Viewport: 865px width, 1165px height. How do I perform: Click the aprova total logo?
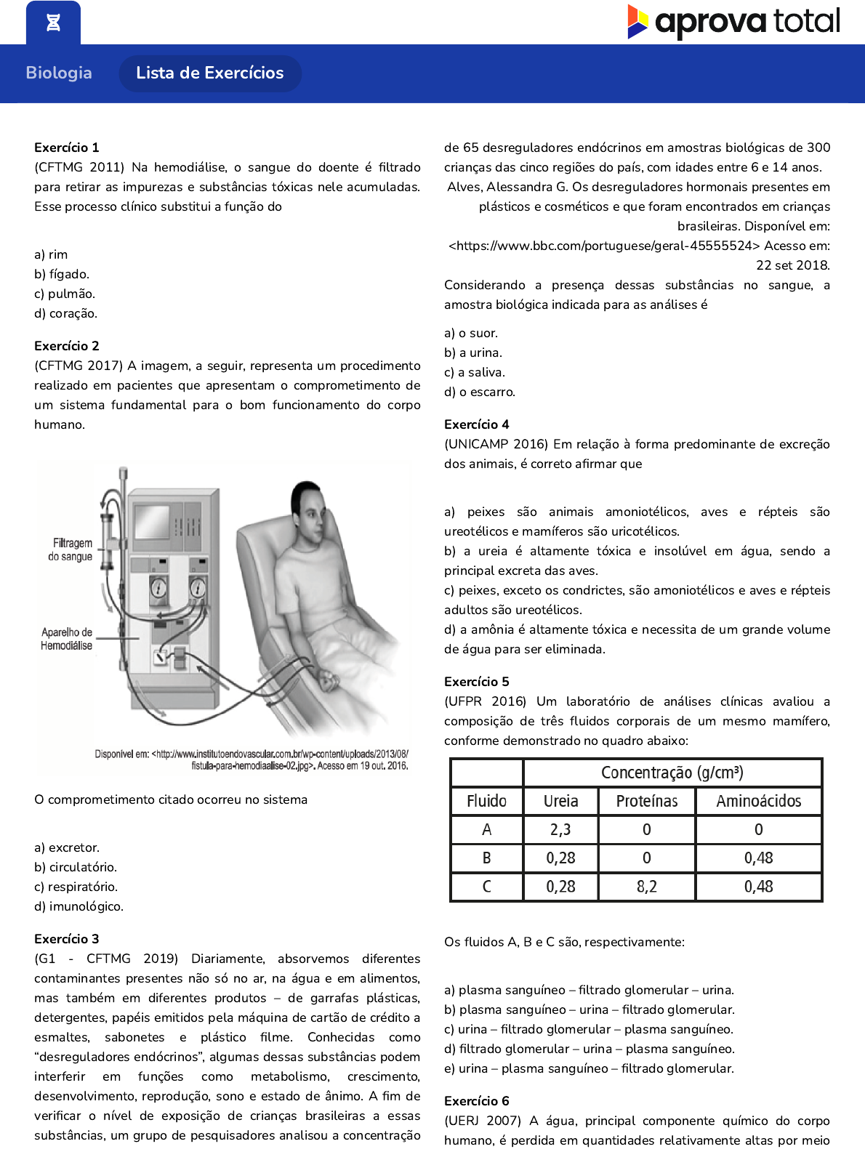click(733, 22)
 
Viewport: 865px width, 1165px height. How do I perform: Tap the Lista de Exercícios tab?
click(209, 73)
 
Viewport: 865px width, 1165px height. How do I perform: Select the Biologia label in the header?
click(59, 73)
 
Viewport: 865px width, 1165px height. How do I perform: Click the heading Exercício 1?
click(67, 148)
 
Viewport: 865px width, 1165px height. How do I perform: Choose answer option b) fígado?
click(62, 274)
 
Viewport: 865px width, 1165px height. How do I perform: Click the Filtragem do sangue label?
click(71, 549)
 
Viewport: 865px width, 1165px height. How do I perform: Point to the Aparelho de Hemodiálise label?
click(67, 639)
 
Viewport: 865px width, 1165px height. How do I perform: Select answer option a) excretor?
click(67, 847)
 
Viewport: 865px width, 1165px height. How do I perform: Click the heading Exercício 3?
click(67, 939)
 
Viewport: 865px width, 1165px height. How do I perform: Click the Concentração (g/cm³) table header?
click(672, 773)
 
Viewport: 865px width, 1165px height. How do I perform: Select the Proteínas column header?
click(647, 801)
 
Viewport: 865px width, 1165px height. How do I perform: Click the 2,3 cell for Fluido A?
click(560, 829)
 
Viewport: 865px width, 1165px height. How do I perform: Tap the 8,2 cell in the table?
click(647, 887)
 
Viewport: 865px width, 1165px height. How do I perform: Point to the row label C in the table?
click(486, 887)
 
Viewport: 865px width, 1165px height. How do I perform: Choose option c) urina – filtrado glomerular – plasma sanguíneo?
click(589, 1029)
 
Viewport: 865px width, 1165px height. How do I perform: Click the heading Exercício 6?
click(477, 1101)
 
